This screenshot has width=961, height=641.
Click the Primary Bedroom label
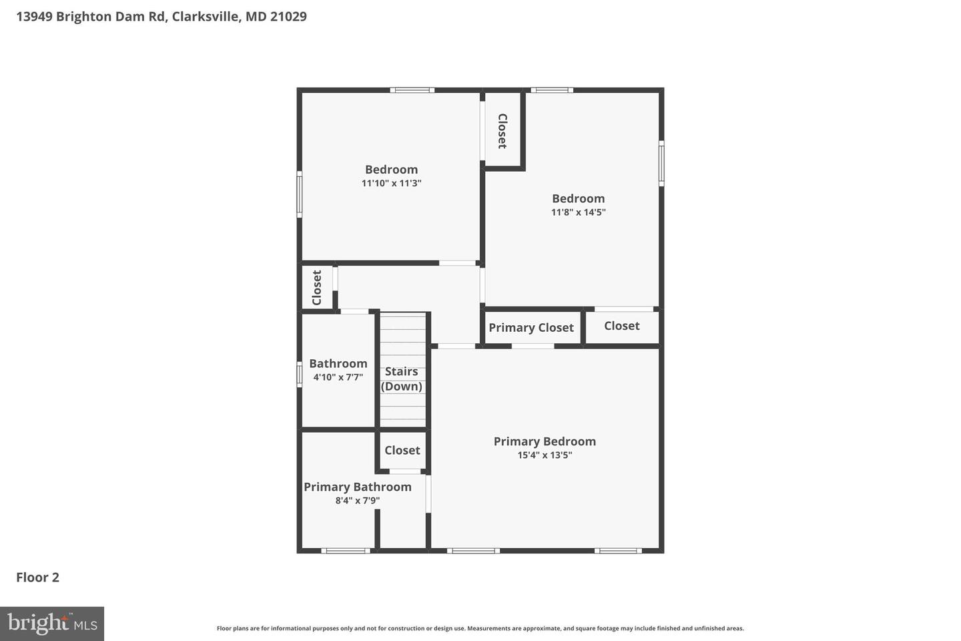tap(545, 441)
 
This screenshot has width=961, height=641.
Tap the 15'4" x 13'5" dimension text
tap(545, 455)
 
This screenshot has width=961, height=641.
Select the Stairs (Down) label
tap(401, 379)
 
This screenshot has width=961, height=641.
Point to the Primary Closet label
tap(531, 328)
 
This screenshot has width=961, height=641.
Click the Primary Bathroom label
tap(358, 487)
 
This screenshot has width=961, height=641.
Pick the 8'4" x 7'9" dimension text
tap(358, 500)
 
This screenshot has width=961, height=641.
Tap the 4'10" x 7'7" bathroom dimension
tap(338, 377)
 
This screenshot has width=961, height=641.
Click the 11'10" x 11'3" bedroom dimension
tap(391, 183)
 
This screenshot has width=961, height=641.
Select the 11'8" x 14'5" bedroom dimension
tap(579, 212)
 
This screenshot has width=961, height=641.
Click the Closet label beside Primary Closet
tap(622, 326)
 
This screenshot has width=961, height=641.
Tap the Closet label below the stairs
tap(402, 450)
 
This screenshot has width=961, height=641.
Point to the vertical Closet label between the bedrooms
tap(503, 131)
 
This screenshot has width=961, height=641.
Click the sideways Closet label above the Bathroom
tap(316, 288)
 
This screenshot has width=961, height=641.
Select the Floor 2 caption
tap(37, 578)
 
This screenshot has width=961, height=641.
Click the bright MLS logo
tap(52, 624)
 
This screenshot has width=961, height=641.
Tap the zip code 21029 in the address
tap(288, 16)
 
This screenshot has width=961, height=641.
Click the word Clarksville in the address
tap(206, 16)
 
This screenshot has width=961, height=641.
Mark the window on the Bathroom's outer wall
tap(300, 375)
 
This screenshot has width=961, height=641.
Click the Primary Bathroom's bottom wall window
tap(346, 551)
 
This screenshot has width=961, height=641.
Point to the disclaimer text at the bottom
tap(480, 628)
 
